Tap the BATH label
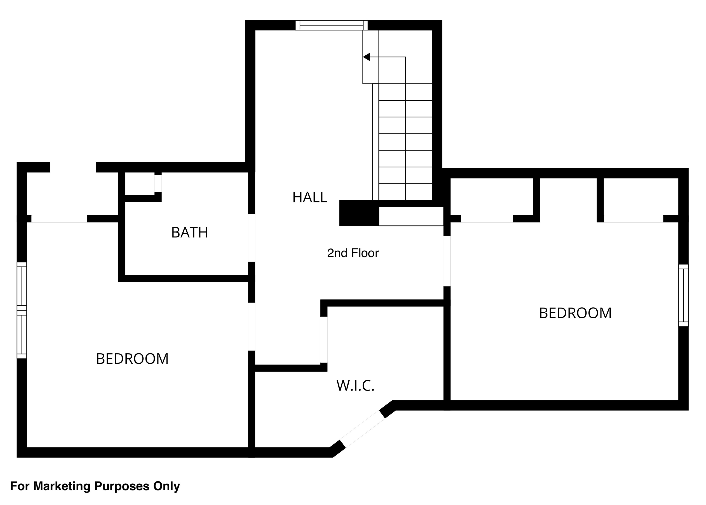click(190, 233)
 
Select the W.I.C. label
click(355, 386)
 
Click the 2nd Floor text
click(353, 253)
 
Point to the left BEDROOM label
click(132, 359)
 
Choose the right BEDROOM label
click(575, 313)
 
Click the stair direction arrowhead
click(367, 57)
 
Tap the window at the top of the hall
click(331, 25)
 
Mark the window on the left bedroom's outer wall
click(22, 310)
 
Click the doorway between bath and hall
click(251, 238)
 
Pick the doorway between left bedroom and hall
click(251, 326)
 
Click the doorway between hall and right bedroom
click(447, 261)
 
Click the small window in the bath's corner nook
click(158, 183)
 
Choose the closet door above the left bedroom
click(59, 219)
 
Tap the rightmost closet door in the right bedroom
click(634, 219)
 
